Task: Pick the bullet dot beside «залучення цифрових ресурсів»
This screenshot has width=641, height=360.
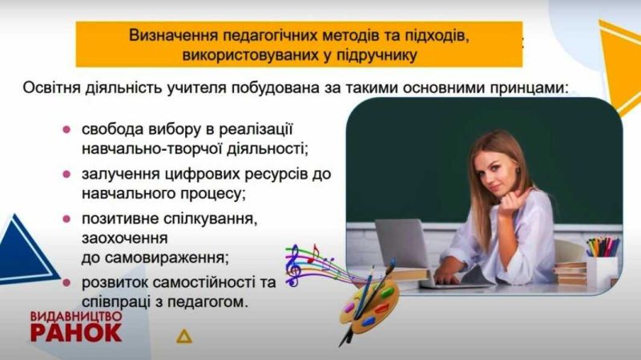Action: (x=67, y=174)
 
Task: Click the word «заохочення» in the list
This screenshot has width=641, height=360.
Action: (x=123, y=238)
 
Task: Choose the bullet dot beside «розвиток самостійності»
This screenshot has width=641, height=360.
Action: (x=67, y=282)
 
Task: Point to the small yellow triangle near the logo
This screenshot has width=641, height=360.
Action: (x=185, y=336)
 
